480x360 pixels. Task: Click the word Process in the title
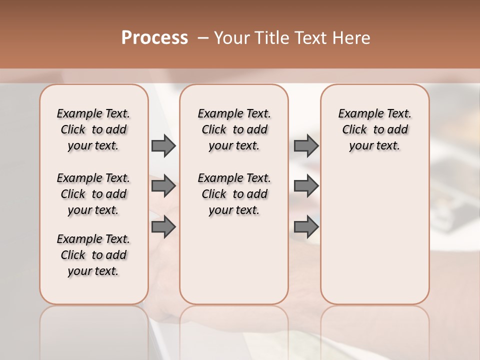click(154, 38)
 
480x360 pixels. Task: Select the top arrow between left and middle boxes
click(163, 145)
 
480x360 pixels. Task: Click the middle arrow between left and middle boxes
click(163, 186)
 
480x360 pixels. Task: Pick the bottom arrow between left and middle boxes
click(163, 226)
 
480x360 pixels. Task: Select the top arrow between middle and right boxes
click(306, 145)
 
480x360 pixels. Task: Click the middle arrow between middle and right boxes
click(306, 186)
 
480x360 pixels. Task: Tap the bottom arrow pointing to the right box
click(306, 226)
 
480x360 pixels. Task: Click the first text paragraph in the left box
click(93, 129)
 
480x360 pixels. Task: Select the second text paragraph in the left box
click(93, 194)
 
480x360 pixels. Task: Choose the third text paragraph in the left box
click(93, 255)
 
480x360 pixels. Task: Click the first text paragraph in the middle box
click(234, 129)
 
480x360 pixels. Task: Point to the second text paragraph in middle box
click(234, 194)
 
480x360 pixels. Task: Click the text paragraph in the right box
click(375, 129)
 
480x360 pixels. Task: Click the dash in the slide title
click(203, 38)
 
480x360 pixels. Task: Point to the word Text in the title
click(311, 38)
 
